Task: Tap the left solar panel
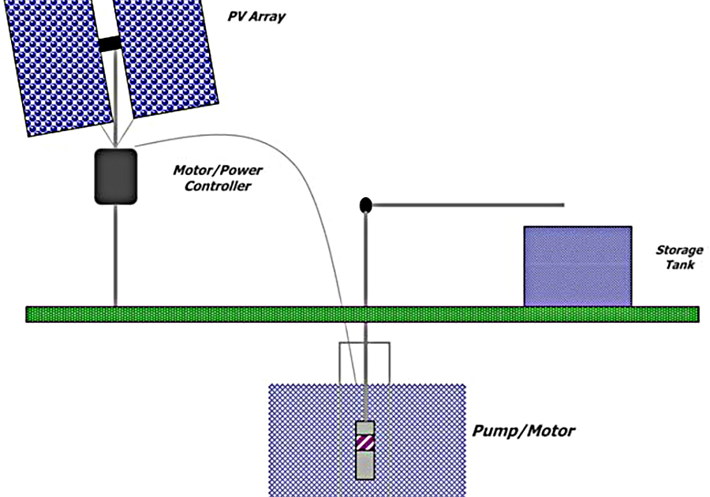[x=59, y=67]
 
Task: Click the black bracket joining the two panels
[x=110, y=44]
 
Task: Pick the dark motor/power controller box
[x=115, y=176]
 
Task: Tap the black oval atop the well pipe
[x=365, y=205]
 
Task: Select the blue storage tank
[x=577, y=266]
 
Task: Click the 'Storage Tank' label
[x=678, y=257]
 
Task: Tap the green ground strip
[x=197, y=314]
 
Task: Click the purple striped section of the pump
[x=364, y=443]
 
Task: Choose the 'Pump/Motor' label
[x=523, y=432]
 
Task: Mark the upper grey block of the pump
[x=364, y=428]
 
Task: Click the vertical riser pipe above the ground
[x=365, y=260]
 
